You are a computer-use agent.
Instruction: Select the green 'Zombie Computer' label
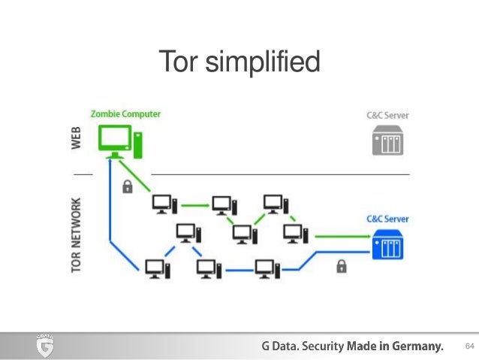pos(125,114)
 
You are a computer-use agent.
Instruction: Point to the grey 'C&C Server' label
pos(387,116)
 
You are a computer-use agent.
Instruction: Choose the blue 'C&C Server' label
pos(387,219)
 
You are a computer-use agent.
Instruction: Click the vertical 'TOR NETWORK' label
pos(77,234)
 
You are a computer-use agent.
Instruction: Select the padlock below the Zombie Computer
pos(127,185)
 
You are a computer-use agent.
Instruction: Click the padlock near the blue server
pos(342,265)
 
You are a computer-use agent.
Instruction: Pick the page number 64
pos(470,346)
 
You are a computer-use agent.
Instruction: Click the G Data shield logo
pos(45,346)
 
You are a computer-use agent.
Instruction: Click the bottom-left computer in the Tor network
pos(155,268)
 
